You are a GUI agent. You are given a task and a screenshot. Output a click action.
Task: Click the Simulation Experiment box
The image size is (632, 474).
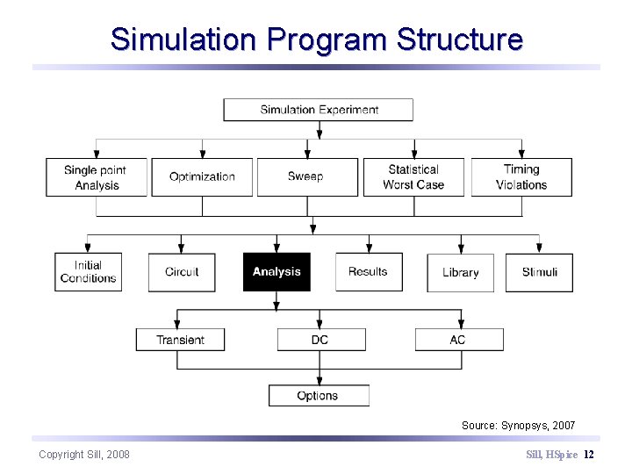pos(318,110)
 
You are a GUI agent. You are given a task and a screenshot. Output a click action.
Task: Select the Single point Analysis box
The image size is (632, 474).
pos(96,176)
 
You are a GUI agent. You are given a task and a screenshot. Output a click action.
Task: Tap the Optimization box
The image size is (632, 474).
pos(202,176)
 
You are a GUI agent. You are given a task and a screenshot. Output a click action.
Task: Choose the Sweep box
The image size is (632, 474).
pos(306,176)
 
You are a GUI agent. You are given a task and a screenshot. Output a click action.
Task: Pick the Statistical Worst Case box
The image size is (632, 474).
pos(413,176)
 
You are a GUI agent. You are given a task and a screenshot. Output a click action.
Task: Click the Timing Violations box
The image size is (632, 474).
pos(521,176)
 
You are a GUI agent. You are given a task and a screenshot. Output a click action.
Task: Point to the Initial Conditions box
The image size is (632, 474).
pos(88,272)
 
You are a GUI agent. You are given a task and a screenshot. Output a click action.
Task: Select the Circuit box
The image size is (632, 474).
pos(182,272)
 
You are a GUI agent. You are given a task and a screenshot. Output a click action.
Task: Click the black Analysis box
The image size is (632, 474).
pos(276,272)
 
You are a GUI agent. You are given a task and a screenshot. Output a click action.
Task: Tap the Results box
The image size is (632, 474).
pos(369,272)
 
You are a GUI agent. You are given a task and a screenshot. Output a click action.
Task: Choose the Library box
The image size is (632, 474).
pos(461,273)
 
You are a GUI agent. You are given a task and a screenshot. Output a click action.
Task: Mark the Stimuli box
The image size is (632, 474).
pos(540,272)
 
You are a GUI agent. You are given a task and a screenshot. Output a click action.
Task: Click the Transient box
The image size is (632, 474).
pos(180,340)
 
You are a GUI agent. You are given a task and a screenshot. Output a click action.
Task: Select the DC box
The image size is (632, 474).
pos(320,340)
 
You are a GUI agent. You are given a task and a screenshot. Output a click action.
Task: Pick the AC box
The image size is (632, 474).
pos(458,340)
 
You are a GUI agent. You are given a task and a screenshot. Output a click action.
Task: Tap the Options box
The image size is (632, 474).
pos(318,396)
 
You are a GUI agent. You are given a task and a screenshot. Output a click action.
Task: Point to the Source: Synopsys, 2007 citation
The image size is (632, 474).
pos(518,426)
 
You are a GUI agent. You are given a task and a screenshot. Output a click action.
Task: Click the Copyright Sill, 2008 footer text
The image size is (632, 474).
pos(84,454)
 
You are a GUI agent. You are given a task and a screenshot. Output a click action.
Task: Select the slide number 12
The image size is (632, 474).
pos(589,454)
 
